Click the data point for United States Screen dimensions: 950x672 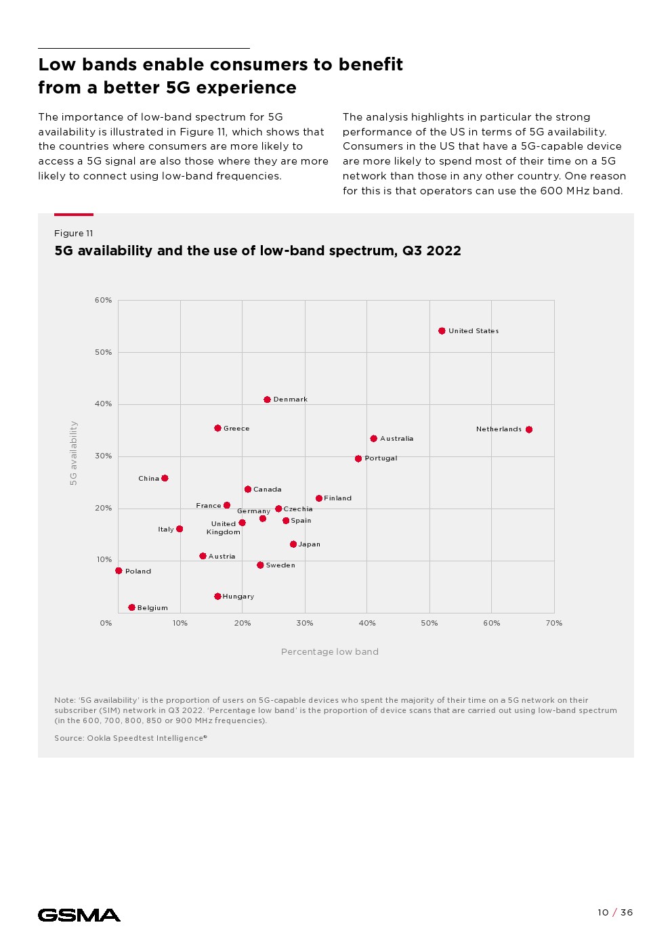[442, 331]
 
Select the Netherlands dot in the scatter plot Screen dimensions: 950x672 [529, 429]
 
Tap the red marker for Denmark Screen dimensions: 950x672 [267, 400]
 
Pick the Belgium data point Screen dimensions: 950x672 [131, 607]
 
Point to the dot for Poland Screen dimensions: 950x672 [119, 571]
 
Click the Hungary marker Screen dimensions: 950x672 [217, 597]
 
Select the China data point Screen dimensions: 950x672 [165, 478]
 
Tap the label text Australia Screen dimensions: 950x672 [396, 439]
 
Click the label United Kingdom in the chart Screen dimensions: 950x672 [224, 528]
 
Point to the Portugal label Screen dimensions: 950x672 [381, 458]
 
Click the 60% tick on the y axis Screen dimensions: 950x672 [103, 300]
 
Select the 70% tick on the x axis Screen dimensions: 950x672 [553, 623]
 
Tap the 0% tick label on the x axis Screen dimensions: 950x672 [106, 623]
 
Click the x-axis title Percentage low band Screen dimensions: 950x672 [330, 652]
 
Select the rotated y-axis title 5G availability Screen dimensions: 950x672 [74, 453]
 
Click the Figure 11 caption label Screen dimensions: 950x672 [73, 234]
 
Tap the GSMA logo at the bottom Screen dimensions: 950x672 [79, 915]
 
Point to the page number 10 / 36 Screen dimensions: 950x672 [614, 913]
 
